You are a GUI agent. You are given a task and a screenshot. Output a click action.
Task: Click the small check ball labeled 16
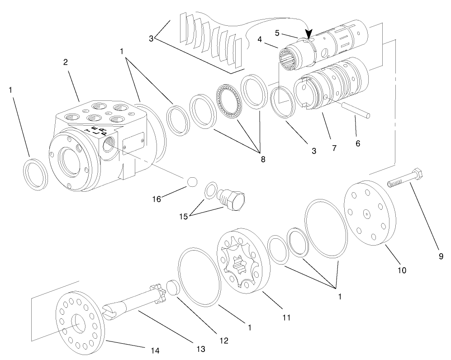point(192,181)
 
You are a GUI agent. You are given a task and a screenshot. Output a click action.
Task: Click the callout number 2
point(66,62)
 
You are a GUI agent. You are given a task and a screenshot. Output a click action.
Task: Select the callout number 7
point(334,148)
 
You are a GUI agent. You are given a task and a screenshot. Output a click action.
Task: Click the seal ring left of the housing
point(35,174)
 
